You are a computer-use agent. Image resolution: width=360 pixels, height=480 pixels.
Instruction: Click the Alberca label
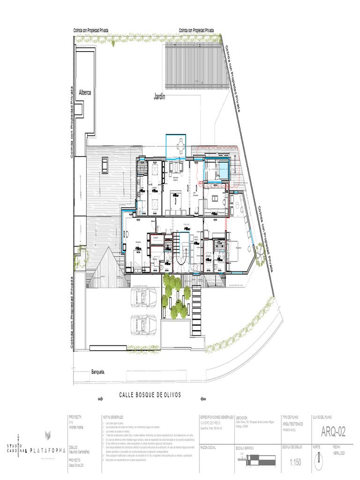[x=84, y=92]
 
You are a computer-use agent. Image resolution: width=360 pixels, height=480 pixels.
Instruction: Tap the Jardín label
[x=160, y=97]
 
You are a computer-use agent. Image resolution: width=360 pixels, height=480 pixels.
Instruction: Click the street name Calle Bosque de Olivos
[x=150, y=395]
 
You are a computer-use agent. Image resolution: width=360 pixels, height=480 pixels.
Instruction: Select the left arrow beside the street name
[x=100, y=399]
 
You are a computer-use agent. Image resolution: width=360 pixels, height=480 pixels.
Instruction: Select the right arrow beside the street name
[x=203, y=399]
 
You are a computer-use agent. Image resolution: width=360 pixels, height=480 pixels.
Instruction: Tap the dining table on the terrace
[x=180, y=146]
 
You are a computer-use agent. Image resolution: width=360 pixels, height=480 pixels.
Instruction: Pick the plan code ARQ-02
[x=333, y=431]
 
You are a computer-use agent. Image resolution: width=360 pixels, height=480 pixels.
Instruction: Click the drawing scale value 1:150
[x=296, y=463]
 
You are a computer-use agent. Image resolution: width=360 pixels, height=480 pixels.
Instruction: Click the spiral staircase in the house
[x=183, y=256]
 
